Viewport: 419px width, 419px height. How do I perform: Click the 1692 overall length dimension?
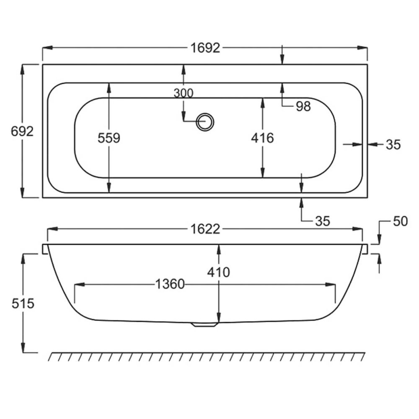tap(205, 48)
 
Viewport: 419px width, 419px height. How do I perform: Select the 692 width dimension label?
tap(22, 131)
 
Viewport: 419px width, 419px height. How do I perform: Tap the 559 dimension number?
tap(109, 138)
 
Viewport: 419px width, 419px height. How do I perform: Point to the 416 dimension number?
tap(263, 138)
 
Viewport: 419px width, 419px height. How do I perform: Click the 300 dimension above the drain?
tap(184, 93)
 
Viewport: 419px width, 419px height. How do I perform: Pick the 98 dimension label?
tap(303, 106)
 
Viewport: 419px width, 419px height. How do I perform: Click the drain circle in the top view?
tap(205, 122)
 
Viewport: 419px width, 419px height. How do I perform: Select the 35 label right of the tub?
tap(393, 145)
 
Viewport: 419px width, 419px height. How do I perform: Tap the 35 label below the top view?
tap(323, 221)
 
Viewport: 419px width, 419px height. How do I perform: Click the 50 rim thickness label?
tap(400, 221)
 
